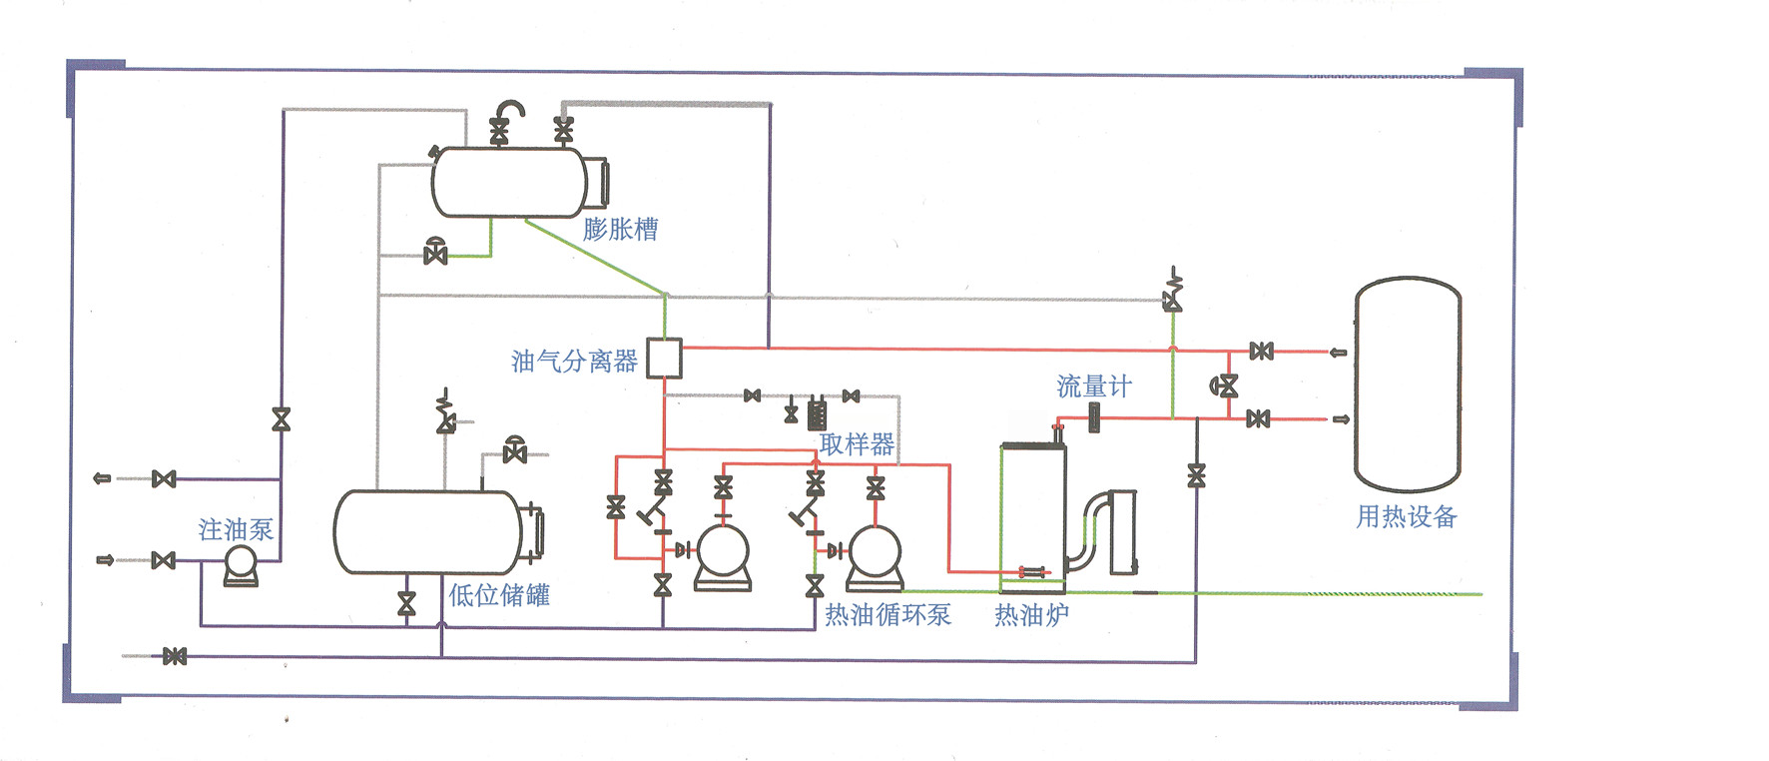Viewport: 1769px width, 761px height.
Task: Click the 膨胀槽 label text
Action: coord(620,230)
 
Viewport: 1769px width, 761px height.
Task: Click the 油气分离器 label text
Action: coord(574,362)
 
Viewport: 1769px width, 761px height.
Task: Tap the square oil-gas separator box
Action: coord(664,359)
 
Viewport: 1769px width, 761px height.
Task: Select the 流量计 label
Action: coord(1094,386)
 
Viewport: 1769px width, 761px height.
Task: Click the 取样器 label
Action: coord(857,444)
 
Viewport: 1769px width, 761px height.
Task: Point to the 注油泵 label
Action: coord(236,529)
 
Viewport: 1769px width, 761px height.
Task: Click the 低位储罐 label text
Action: coord(499,596)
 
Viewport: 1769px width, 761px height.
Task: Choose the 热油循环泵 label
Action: coord(887,615)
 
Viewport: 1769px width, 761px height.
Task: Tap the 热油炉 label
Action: coord(1031,615)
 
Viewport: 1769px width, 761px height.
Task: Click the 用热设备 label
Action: coord(1406,517)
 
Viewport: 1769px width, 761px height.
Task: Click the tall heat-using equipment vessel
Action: coord(1408,384)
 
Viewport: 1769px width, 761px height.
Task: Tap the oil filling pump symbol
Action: coord(241,564)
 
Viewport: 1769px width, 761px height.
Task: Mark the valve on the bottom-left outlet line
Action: coord(175,656)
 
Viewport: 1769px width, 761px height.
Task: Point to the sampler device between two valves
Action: coord(817,411)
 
